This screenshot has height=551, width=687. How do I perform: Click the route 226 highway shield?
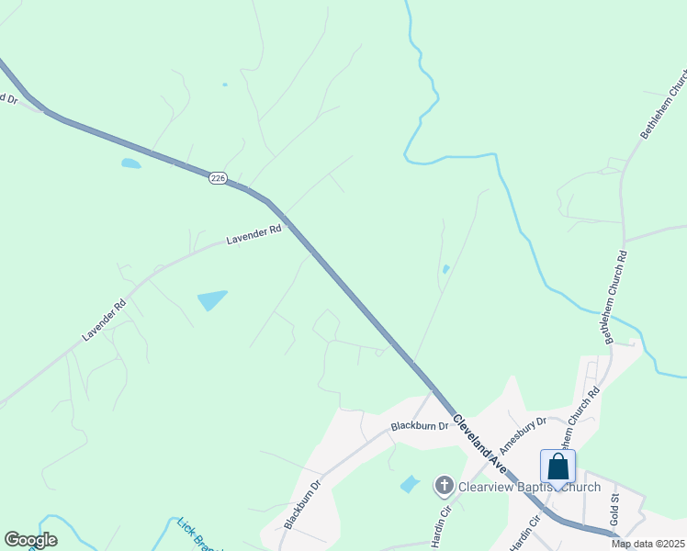point(218,178)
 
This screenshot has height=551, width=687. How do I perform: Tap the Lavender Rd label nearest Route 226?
point(253,236)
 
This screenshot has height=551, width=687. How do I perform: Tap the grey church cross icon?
point(444,485)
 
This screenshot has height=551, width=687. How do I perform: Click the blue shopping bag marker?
point(557,467)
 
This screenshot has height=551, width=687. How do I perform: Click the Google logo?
point(30,540)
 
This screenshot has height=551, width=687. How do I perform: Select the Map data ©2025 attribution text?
point(648,544)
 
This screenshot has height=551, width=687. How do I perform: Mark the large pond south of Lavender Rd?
point(211,299)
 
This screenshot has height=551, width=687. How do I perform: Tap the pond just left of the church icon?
point(410,484)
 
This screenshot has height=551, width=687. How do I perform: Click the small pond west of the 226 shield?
point(130,163)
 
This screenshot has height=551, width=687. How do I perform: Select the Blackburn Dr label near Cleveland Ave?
point(419,426)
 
